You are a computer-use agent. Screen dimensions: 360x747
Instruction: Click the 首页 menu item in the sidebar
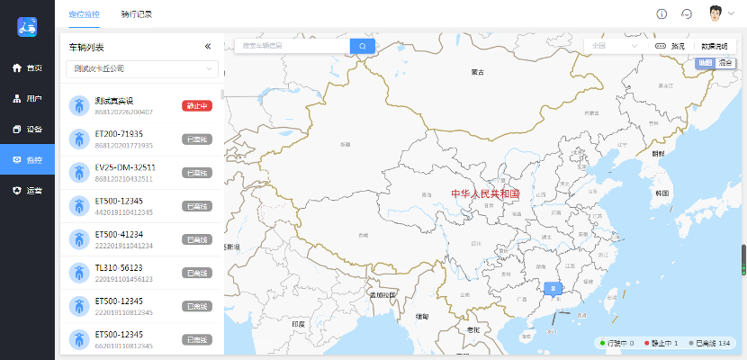[x=27, y=68]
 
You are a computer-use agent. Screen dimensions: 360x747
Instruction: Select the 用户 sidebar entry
[x=27, y=99]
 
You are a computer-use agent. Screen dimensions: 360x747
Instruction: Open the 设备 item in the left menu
[x=27, y=129]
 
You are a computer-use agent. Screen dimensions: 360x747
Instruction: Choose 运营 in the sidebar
[x=27, y=191]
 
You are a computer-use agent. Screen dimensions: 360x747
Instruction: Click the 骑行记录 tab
[x=136, y=14]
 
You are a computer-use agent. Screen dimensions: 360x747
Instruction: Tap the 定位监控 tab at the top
[x=85, y=14]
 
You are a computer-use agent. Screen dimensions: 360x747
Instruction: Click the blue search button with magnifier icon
[x=363, y=46]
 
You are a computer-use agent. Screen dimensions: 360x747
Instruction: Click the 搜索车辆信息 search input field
[x=292, y=46]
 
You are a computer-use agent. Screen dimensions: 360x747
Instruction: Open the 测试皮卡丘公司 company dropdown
[x=145, y=68]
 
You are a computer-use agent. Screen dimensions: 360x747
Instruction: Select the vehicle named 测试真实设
[x=114, y=101]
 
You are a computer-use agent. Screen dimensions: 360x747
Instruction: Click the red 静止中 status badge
[x=197, y=106]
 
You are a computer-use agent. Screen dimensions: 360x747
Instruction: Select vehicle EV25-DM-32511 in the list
[x=125, y=167]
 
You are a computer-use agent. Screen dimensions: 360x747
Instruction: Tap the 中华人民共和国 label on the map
[x=485, y=193]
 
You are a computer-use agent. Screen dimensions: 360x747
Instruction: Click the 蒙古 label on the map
[x=478, y=72]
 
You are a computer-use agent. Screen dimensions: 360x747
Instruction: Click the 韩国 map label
[x=662, y=193]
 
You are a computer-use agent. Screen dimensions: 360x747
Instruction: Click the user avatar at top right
[x=715, y=14]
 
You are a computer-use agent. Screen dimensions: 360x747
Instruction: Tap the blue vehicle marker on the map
[x=554, y=289]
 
